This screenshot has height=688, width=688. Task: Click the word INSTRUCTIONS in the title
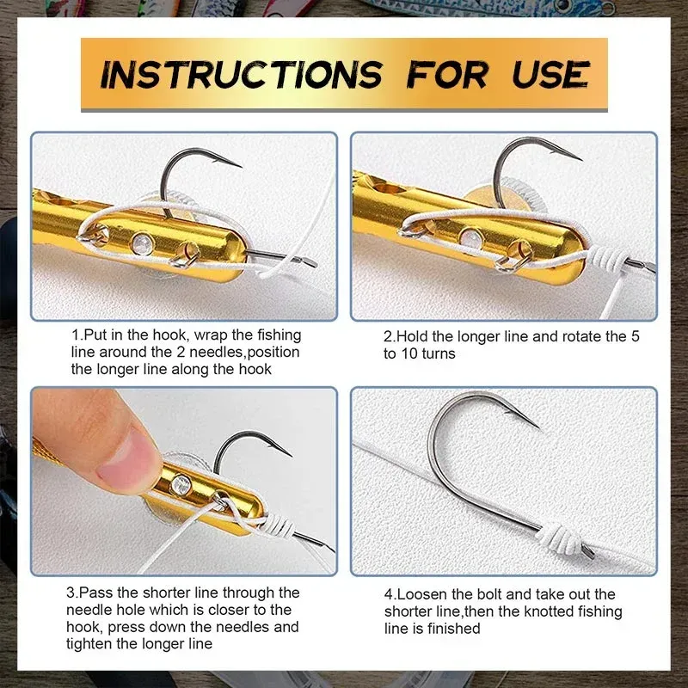click(242, 75)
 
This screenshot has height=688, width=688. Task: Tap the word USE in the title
click(550, 74)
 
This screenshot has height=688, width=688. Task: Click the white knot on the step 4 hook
click(567, 537)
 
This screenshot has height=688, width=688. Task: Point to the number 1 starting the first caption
click(76, 335)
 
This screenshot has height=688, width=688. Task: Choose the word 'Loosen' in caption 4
click(421, 594)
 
